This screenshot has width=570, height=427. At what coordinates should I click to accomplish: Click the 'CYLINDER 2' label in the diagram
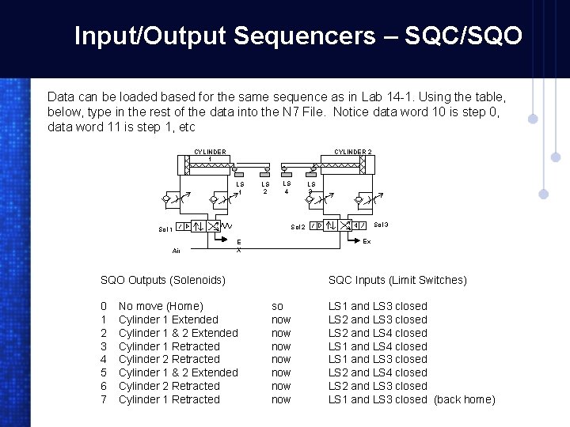[x=353, y=152]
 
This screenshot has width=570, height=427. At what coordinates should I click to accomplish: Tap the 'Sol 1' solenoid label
[x=165, y=229]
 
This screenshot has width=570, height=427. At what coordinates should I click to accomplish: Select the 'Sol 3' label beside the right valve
[x=381, y=225]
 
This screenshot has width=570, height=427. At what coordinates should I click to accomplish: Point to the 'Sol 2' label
[x=298, y=228]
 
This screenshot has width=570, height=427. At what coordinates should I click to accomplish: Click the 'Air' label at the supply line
[x=177, y=251]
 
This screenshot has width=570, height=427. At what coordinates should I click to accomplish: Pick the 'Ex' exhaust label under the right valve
[x=367, y=241]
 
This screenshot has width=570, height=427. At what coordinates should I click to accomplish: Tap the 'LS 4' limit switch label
[x=287, y=187]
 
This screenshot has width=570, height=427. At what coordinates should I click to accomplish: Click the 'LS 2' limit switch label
[x=266, y=187]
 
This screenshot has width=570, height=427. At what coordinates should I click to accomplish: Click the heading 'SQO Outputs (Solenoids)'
[x=163, y=280]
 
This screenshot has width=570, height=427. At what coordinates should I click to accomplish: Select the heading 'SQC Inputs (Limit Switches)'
[x=397, y=280]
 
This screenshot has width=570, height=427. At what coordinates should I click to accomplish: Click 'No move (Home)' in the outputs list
[x=161, y=306]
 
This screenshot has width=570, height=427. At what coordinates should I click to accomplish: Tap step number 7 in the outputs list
[x=104, y=399]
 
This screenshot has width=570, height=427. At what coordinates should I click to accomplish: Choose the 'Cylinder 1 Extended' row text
[x=168, y=319]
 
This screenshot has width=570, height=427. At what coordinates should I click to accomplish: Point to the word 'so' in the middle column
[x=277, y=306]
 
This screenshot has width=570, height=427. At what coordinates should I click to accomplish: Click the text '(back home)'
[x=465, y=399]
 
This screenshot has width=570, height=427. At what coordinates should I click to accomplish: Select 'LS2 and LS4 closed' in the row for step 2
[x=378, y=333]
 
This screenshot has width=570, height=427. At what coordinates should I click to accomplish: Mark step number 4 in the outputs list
[x=104, y=359]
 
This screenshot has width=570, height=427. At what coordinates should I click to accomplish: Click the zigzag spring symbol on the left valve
[x=227, y=225]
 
